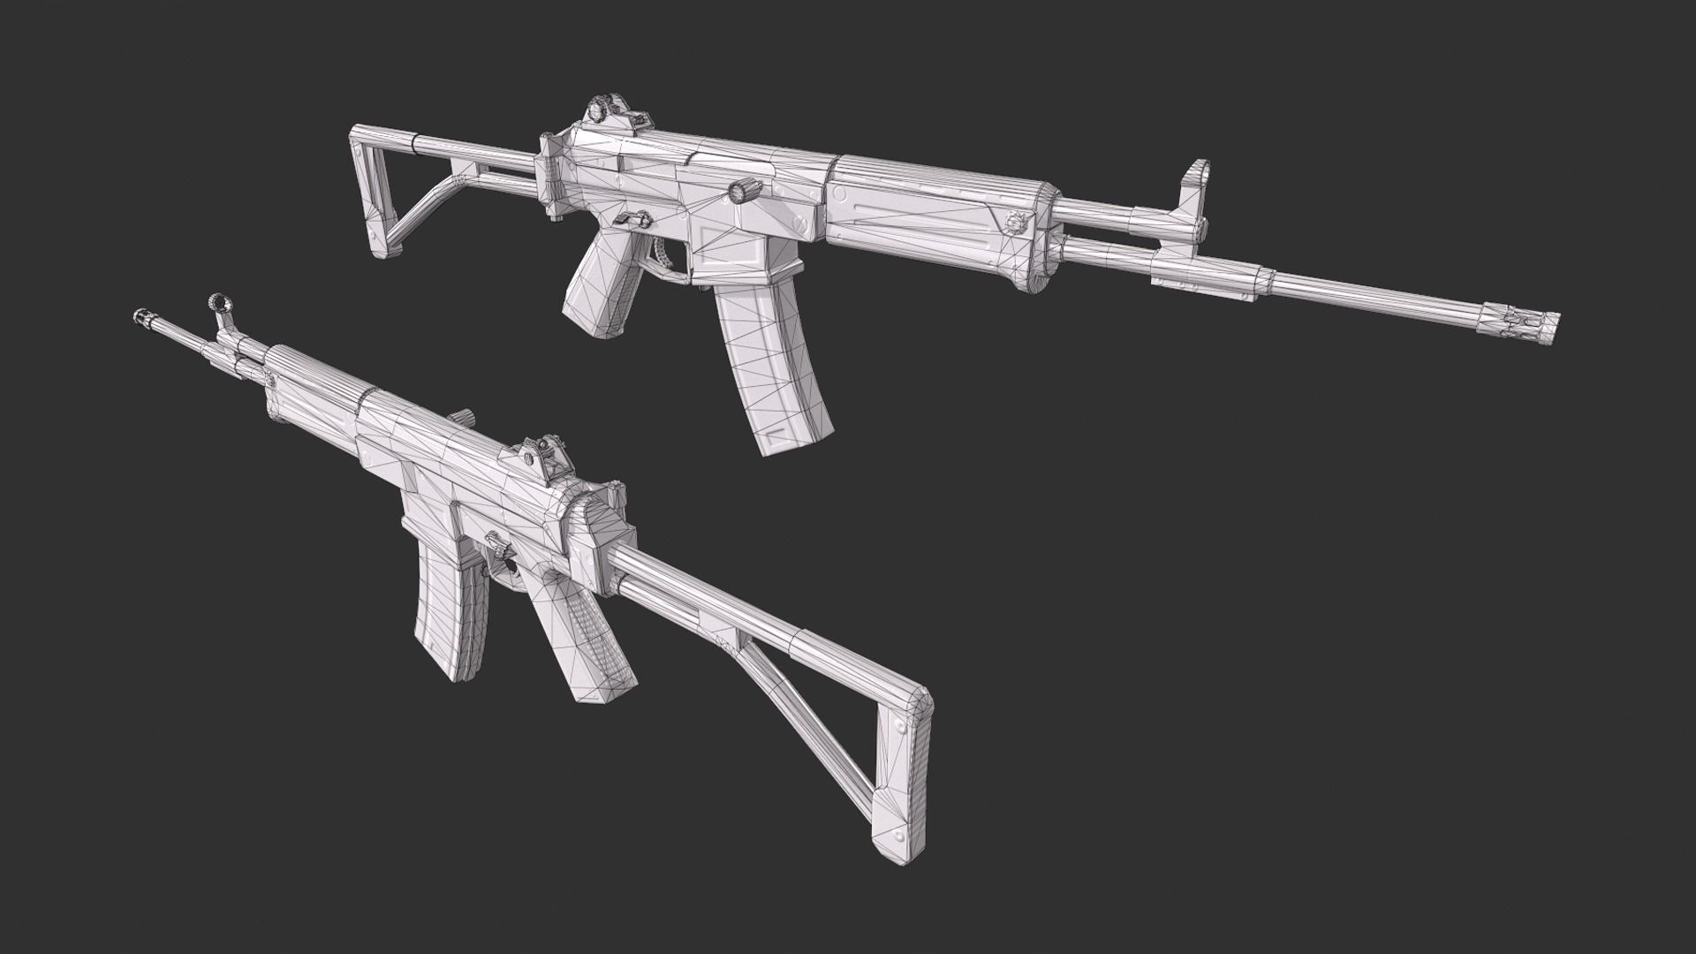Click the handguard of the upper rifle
point(936,221)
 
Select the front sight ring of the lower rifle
point(217,305)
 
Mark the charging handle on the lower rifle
point(461,417)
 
